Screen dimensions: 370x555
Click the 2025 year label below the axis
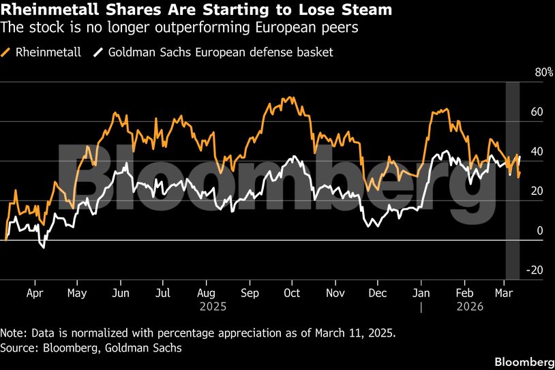pyautogui.click(x=213, y=307)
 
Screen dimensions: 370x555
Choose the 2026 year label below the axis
pyautogui.click(x=469, y=307)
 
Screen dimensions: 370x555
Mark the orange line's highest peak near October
pyautogui.click(x=292, y=97)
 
